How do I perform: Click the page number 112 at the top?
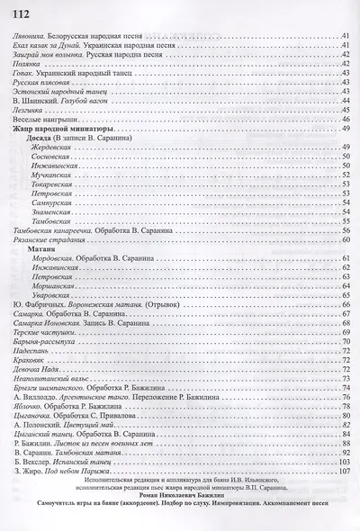[18, 9]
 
